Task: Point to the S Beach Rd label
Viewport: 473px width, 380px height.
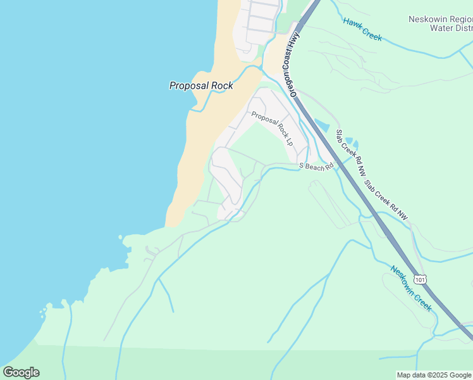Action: [316, 167]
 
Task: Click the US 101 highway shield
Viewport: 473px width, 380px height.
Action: [421, 279]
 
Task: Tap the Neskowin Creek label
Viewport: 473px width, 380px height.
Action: [411, 288]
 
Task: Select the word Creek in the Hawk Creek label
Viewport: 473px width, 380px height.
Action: [372, 34]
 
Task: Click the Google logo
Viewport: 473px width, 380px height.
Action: [21, 372]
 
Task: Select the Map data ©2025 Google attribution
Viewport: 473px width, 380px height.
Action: [434, 375]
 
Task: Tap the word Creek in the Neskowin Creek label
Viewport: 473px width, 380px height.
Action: [424, 301]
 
